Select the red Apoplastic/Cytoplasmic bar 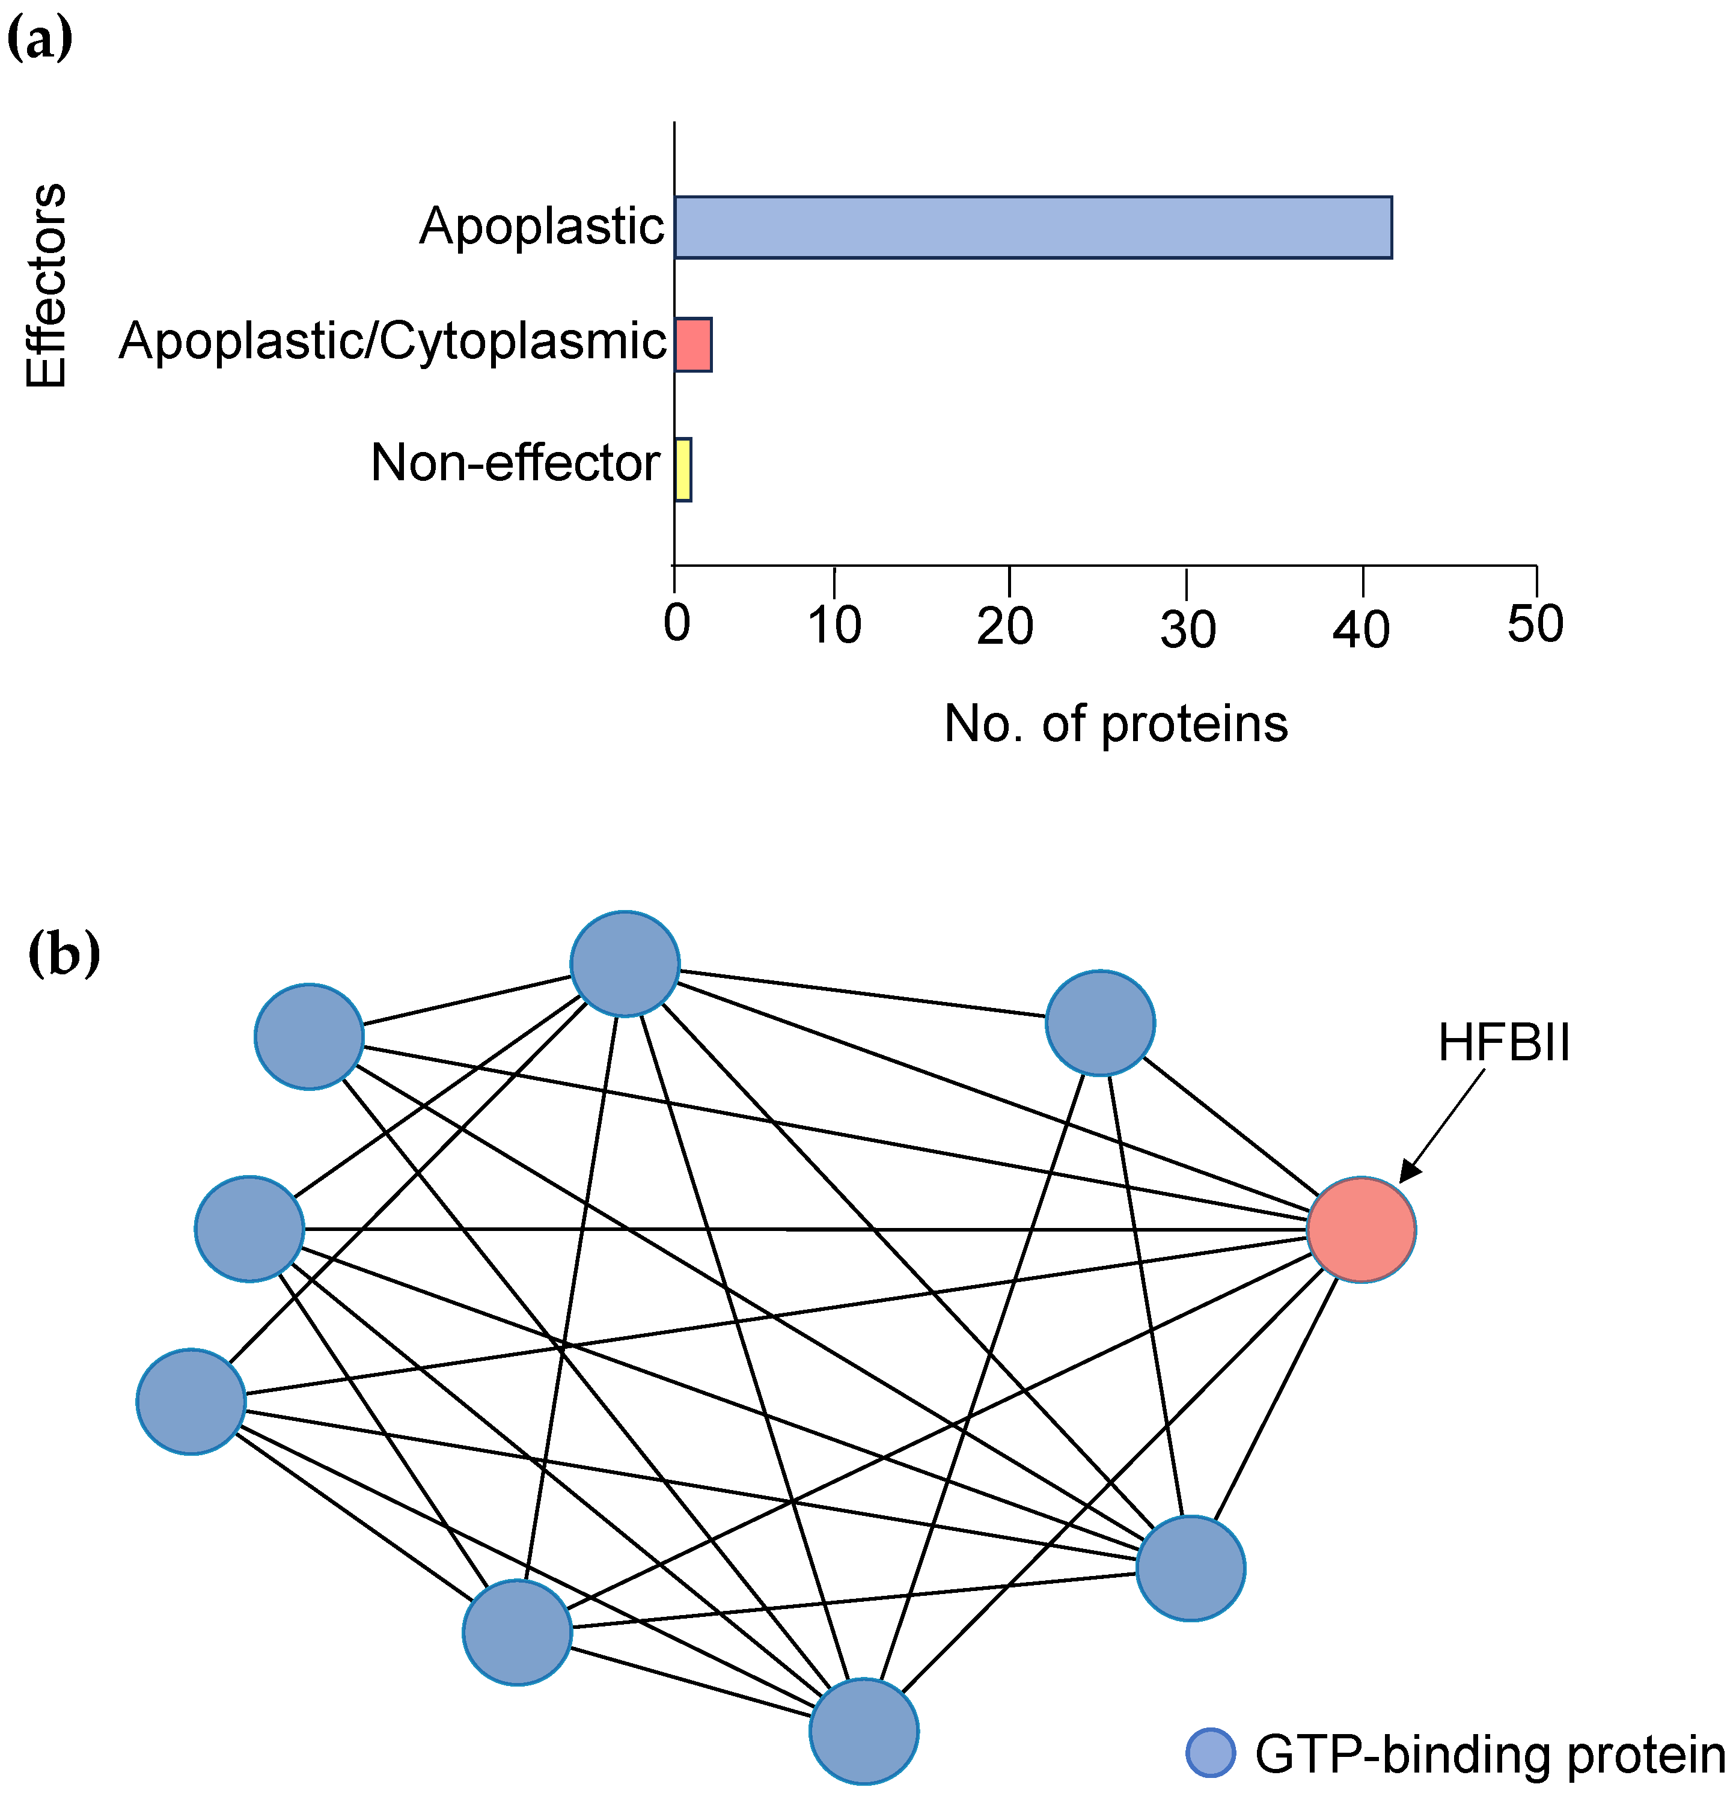693,344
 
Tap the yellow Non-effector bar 683,469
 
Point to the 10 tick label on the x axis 834,625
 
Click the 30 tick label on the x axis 1187,630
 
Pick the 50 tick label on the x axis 1535,624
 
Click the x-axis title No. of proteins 1116,724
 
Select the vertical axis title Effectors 46,286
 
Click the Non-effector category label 515,463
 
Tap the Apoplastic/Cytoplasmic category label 392,341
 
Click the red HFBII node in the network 1360,1229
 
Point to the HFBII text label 1504,1043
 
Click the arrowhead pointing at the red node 1409,1172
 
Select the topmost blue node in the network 625,964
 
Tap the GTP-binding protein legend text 1489,1754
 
